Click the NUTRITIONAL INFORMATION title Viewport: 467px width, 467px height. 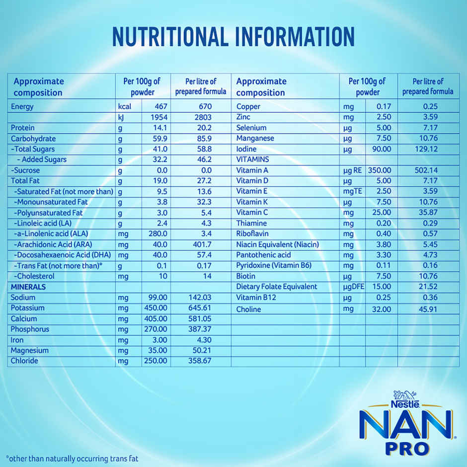(x=233, y=37)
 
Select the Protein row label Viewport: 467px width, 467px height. (x=23, y=128)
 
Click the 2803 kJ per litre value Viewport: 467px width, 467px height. (x=203, y=117)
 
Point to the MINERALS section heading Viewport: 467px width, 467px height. (x=28, y=287)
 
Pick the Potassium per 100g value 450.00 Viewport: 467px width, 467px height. (x=156, y=308)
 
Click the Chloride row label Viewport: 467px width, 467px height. (x=24, y=361)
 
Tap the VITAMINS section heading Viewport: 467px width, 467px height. (x=252, y=159)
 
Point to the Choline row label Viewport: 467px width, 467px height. (x=248, y=309)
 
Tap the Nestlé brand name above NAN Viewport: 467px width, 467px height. (x=404, y=403)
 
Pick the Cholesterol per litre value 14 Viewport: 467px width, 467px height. (x=207, y=276)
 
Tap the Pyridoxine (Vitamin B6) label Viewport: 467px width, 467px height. (x=274, y=265)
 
